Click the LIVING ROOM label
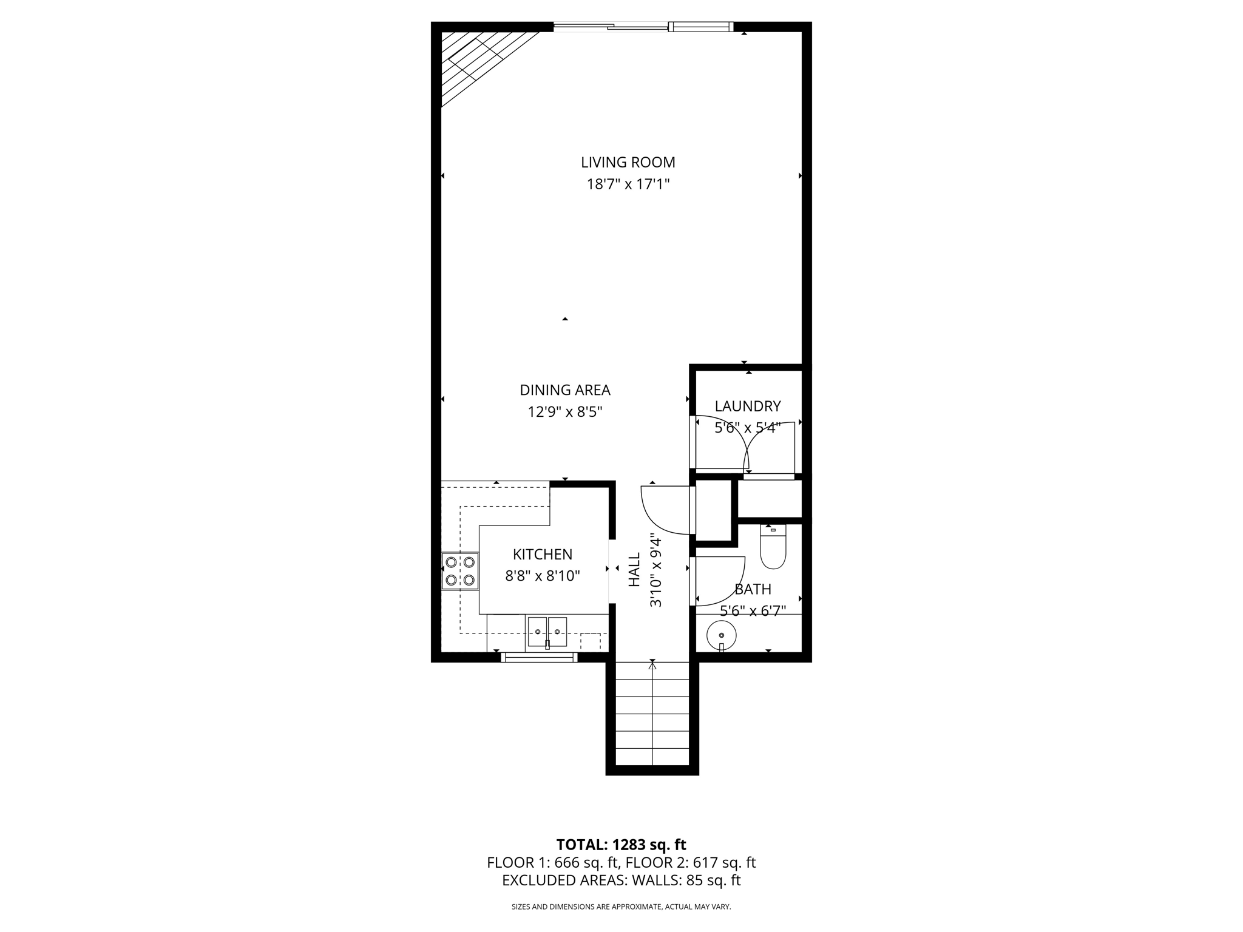point(628,162)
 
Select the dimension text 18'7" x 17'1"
point(628,184)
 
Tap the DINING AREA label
point(564,390)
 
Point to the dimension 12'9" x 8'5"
point(564,412)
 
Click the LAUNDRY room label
point(747,406)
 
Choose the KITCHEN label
point(542,554)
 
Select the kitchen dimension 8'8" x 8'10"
point(542,576)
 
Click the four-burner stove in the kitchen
point(459,571)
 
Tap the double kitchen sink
point(547,632)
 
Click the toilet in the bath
point(773,547)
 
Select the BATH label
point(753,589)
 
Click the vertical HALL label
point(634,569)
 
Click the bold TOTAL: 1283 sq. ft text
point(621,845)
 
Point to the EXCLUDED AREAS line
point(621,880)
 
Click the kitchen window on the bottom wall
point(539,657)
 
